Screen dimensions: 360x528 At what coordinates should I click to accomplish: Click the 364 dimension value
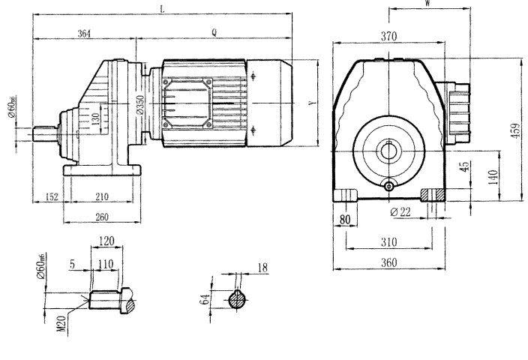[84, 34]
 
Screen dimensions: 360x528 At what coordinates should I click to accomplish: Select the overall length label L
[162, 9]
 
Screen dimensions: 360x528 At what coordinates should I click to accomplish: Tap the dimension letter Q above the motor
[214, 34]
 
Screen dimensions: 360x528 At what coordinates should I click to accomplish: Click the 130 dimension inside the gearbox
[95, 118]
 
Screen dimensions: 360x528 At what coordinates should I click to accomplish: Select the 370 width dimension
[389, 35]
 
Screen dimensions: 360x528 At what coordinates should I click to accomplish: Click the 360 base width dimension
[388, 262]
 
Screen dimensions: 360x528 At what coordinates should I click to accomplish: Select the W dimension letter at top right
[427, 4]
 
